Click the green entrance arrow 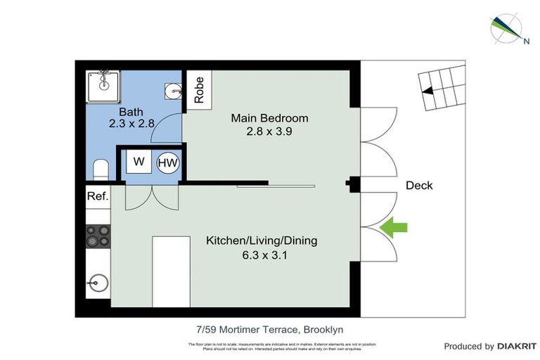[x=394, y=227]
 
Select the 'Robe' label [x=199, y=89]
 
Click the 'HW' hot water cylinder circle [x=168, y=162]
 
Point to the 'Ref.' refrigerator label [x=98, y=197]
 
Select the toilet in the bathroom [x=100, y=169]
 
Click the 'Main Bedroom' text [x=269, y=117]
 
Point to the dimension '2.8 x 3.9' [x=270, y=131]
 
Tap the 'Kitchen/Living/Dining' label [x=261, y=240]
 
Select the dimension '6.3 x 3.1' [x=261, y=255]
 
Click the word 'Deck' [x=419, y=186]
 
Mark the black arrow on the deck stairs [x=426, y=89]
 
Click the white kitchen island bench [x=172, y=271]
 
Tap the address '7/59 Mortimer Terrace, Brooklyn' [x=269, y=329]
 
